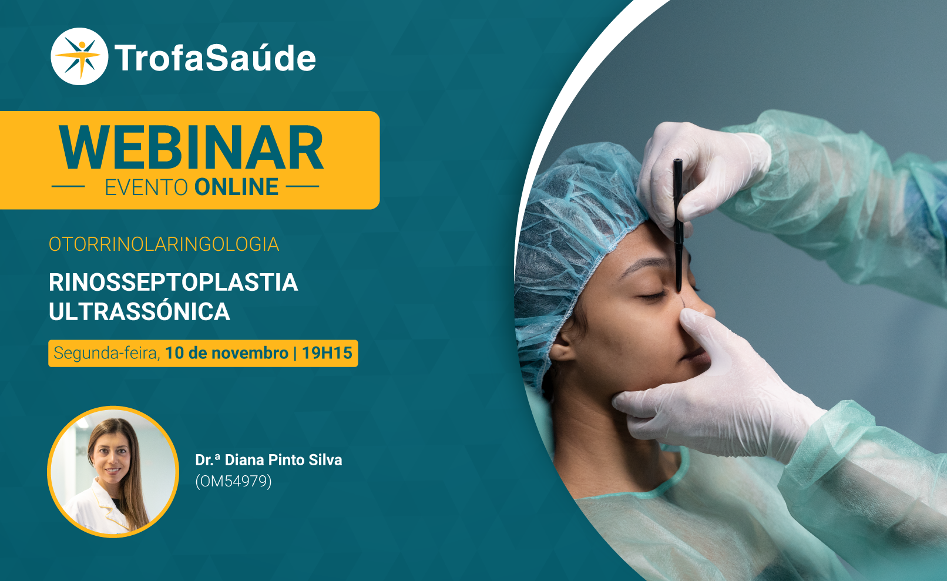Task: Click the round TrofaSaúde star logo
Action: point(79,56)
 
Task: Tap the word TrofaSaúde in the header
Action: point(215,58)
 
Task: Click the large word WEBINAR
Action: point(191,147)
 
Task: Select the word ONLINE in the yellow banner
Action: point(236,187)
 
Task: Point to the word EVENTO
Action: point(146,187)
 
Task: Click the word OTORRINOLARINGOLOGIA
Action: point(164,244)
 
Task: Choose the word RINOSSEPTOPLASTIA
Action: point(173,282)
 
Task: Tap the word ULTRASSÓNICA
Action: point(139,311)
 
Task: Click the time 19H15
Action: point(327,353)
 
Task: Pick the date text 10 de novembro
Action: point(227,353)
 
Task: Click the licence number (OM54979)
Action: point(233,481)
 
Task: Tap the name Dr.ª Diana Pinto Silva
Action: point(268,460)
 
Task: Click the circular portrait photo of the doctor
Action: point(113,472)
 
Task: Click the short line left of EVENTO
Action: point(68,186)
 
